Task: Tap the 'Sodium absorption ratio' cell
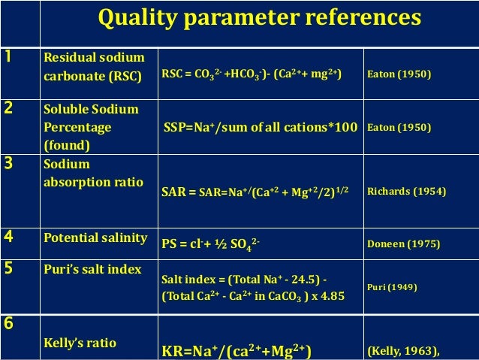point(89,171)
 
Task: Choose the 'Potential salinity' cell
point(95,238)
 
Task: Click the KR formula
point(237,349)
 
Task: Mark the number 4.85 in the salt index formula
point(330,295)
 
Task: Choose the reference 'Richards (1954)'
point(406,192)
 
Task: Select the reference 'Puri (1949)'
point(392,287)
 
